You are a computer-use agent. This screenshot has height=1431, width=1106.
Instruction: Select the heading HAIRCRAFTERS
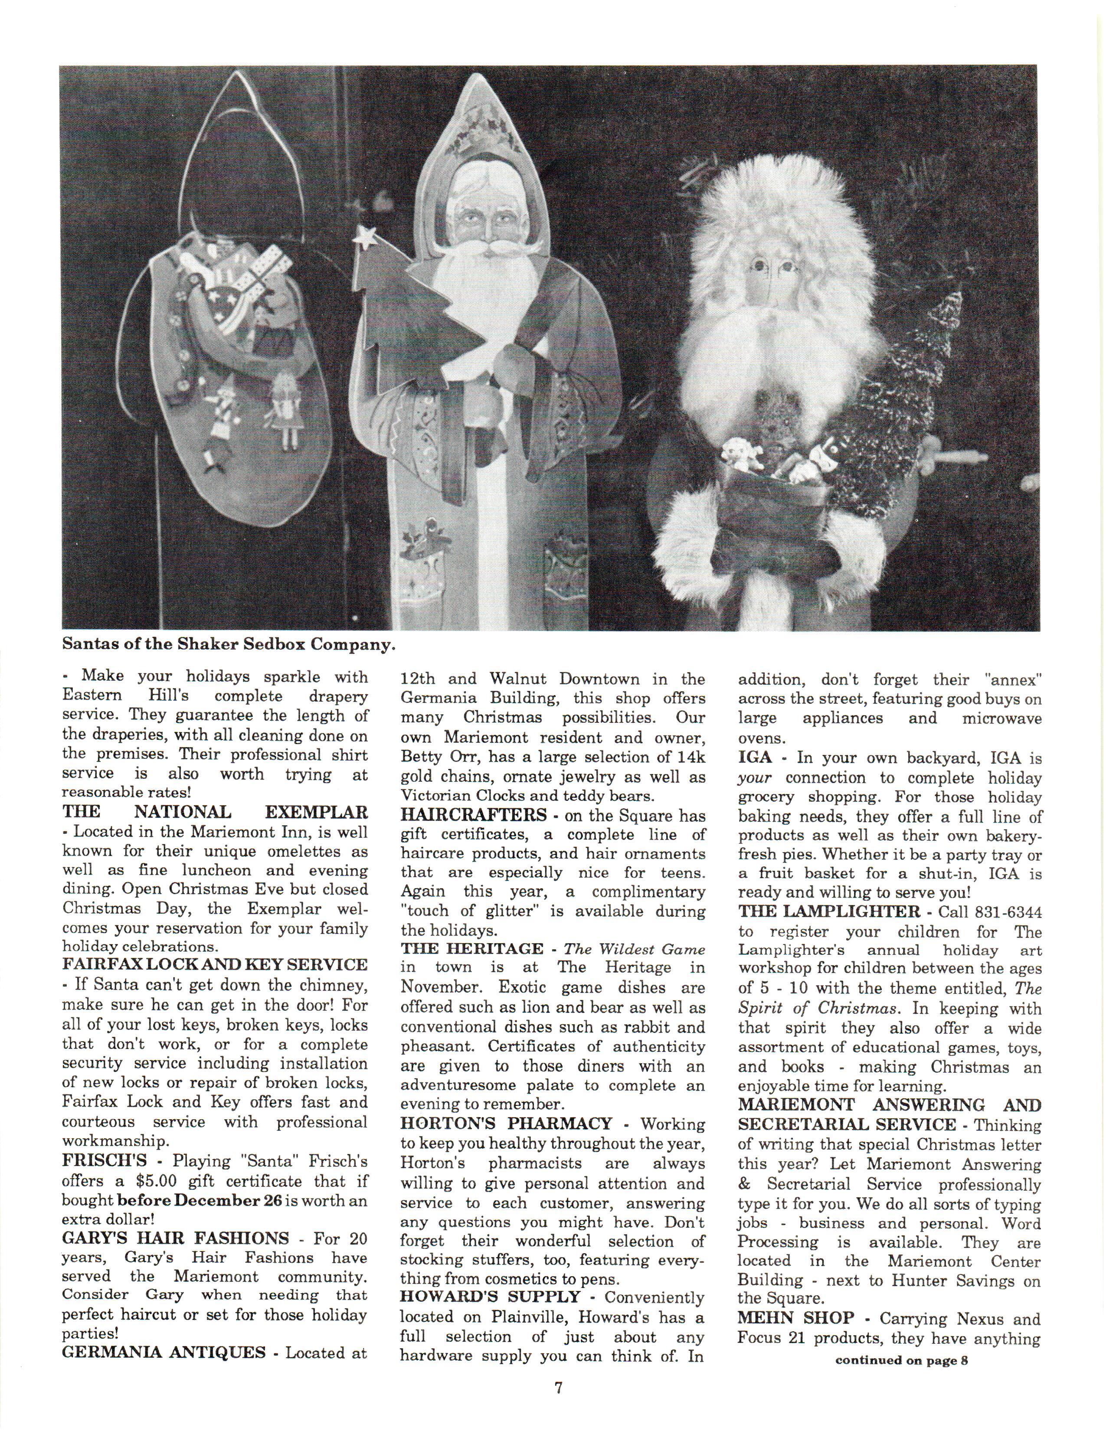click(473, 816)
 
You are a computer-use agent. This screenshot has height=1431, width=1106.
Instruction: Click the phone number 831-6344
click(990, 912)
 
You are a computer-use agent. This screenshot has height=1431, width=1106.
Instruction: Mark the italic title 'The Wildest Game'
click(634, 949)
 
